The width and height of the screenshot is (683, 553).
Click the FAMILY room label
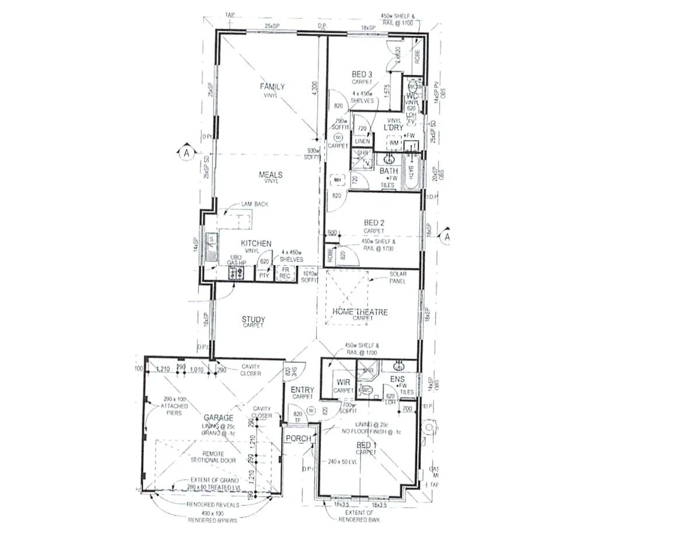[x=272, y=87]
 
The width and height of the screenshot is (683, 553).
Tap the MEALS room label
[x=270, y=175]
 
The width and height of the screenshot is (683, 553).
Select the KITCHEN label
[x=256, y=244]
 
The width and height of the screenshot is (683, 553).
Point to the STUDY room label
[x=253, y=320]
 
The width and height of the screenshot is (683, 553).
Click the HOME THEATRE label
[x=360, y=312]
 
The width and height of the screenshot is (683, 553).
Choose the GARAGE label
[x=219, y=418]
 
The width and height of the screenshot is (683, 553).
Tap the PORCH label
[x=298, y=438]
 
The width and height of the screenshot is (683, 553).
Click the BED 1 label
[x=366, y=445]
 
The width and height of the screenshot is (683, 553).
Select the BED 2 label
[x=374, y=223]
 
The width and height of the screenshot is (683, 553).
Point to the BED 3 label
[x=362, y=75]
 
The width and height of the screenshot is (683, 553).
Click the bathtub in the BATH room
[x=411, y=174]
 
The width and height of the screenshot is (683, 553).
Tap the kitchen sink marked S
[x=210, y=246]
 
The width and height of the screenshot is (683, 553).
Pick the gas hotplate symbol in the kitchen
[x=237, y=272]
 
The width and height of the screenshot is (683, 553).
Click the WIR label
[x=343, y=382]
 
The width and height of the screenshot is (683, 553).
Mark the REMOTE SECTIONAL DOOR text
[x=213, y=457]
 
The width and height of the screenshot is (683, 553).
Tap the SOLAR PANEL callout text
[x=397, y=278]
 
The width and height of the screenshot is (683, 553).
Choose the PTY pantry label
[x=264, y=275]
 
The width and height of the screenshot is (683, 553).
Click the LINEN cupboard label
[x=361, y=141]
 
